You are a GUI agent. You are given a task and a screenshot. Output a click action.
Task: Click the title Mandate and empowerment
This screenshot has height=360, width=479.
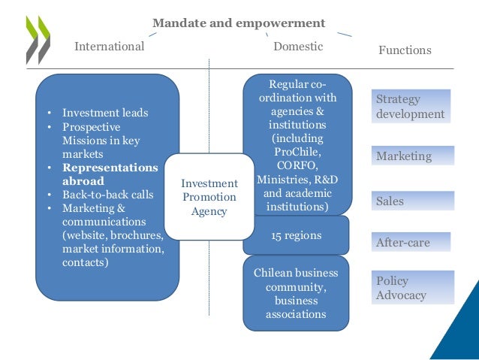[x=239, y=23]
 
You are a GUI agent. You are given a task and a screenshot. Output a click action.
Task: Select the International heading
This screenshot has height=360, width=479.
[x=109, y=47]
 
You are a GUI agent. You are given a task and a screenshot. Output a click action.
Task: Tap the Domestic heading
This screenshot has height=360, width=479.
[x=298, y=47]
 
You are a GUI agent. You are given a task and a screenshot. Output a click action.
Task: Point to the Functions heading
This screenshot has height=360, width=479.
[x=405, y=50]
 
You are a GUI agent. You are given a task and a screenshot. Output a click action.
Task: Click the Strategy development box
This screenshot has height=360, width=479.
[x=411, y=107]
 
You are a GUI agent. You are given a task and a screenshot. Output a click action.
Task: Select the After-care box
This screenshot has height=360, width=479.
[x=411, y=242]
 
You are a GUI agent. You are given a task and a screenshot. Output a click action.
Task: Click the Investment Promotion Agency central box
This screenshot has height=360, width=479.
[x=209, y=197]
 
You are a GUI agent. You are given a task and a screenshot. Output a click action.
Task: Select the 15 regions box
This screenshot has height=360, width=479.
[x=296, y=235]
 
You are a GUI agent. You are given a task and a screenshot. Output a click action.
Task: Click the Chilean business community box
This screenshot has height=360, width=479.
[x=296, y=293]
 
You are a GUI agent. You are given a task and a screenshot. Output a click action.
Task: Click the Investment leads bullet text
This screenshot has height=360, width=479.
[x=105, y=113]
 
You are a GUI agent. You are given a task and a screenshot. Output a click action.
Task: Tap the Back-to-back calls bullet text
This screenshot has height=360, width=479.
[x=107, y=195]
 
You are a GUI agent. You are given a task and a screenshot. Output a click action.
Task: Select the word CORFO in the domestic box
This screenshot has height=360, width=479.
[x=296, y=166]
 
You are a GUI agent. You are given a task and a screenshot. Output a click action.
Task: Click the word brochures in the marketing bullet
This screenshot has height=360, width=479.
[x=138, y=235]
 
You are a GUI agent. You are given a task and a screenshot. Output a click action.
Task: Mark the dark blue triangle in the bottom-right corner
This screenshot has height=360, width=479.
[x=458, y=331]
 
